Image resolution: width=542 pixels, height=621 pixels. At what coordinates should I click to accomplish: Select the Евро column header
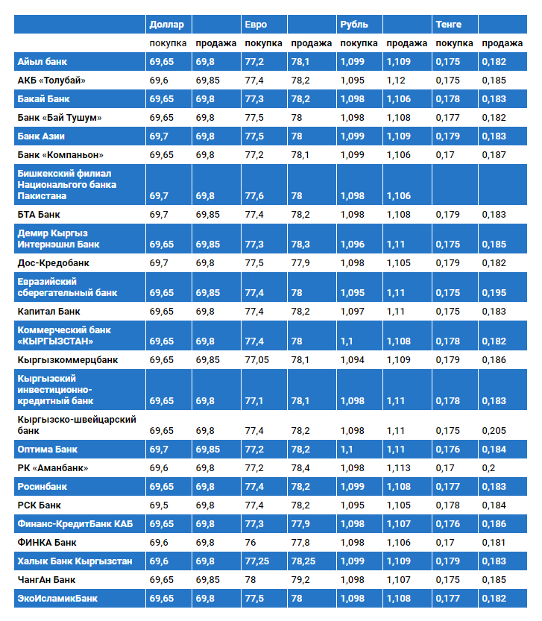point(256,25)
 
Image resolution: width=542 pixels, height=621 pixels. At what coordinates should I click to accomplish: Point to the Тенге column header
point(448,25)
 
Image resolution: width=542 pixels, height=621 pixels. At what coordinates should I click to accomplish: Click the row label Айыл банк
point(42,62)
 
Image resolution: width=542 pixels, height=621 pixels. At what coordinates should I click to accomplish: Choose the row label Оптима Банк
point(48,450)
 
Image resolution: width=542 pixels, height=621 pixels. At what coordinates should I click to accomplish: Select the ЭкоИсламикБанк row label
point(57,598)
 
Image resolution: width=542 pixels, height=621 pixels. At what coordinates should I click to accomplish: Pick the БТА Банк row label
point(39,215)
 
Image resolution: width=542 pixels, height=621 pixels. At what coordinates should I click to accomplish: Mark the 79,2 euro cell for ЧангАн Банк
point(301,579)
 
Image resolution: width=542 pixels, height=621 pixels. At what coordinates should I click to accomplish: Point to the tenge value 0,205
point(494,431)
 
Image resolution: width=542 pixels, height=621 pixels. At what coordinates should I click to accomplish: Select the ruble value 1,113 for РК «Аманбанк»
point(400,468)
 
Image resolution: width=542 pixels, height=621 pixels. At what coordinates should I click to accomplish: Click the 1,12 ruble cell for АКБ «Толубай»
point(397,81)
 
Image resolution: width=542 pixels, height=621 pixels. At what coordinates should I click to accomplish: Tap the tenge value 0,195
point(494,293)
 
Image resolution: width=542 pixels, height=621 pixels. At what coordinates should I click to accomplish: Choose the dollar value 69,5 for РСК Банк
point(158,505)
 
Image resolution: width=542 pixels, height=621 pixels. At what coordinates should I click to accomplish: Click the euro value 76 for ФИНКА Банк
point(251,543)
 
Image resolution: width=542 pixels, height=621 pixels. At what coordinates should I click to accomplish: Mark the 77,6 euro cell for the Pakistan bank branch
point(254,196)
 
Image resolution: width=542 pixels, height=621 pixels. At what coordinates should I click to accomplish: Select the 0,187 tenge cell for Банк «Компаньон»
point(494,155)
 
